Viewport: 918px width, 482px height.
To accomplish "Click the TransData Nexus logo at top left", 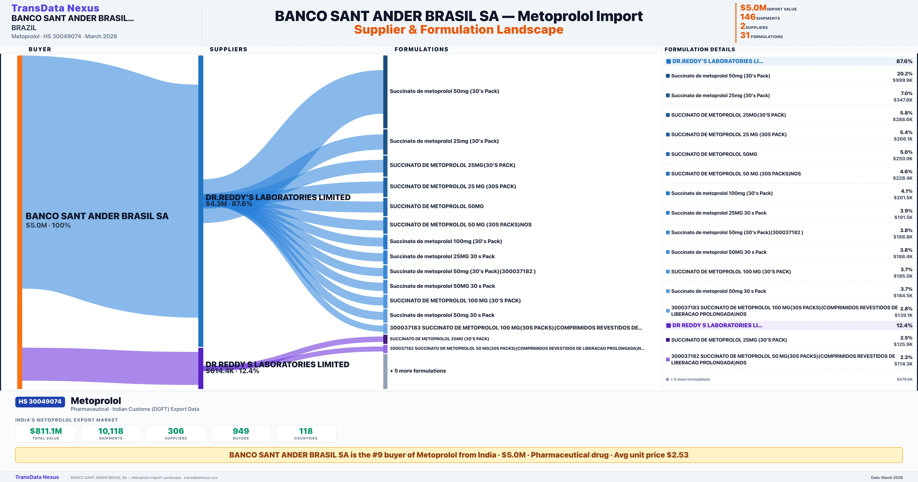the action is point(55,8).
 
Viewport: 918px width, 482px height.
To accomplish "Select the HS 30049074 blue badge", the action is point(40,401).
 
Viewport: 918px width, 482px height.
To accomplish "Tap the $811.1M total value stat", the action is point(46,431).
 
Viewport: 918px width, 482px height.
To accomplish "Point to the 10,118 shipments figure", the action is point(111,431).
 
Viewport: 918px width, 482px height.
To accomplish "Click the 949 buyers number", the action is point(241,431).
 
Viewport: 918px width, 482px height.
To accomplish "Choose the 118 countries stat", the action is point(306,431).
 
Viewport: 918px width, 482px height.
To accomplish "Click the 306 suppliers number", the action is point(176,431).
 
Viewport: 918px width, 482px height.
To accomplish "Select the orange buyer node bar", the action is point(20,222).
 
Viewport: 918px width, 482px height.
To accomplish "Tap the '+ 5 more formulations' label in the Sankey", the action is point(418,371).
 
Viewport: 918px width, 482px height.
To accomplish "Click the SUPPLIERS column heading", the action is point(228,49).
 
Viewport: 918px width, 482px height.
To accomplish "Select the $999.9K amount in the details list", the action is point(903,80).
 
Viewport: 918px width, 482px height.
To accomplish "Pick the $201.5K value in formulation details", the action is point(903,198).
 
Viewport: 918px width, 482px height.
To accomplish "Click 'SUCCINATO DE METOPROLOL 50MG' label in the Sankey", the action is point(437,206).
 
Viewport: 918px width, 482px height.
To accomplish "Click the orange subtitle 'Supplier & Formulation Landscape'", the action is point(459,30).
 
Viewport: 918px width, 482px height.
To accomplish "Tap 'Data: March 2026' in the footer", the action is point(887,477).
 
